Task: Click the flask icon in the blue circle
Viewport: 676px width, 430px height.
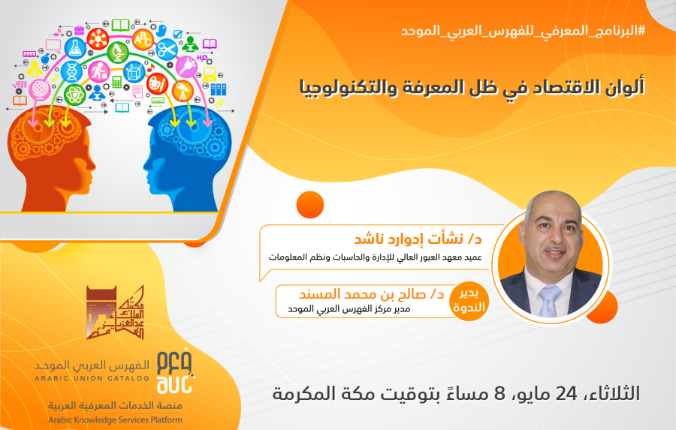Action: pyautogui.click(x=75, y=48)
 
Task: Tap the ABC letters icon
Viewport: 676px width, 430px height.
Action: pyautogui.click(x=142, y=40)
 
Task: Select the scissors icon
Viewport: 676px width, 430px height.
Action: pyautogui.click(x=167, y=50)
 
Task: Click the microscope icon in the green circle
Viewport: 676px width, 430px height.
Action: pyautogui.click(x=118, y=53)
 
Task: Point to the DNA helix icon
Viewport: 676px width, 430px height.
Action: pyautogui.click(x=71, y=71)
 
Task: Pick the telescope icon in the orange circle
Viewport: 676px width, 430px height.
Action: pyautogui.click(x=182, y=91)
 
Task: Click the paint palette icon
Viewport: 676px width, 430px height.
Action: pyautogui.click(x=157, y=83)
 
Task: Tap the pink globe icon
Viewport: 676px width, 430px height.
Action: pyautogui.click(x=40, y=90)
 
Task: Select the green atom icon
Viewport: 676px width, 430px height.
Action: pyautogui.click(x=74, y=95)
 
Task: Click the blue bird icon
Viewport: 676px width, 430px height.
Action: pyautogui.click(x=161, y=30)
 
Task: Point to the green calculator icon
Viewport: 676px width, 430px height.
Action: pyautogui.click(x=116, y=82)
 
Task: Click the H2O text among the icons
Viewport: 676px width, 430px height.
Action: pyautogui.click(x=202, y=58)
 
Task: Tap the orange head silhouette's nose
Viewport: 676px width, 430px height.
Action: pyautogui.click(x=92, y=165)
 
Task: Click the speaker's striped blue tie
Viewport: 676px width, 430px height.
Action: pyautogui.click(x=550, y=301)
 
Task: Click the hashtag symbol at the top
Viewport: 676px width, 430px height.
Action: pyautogui.click(x=641, y=31)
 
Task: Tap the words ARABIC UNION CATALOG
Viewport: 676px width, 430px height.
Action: pyautogui.click(x=92, y=378)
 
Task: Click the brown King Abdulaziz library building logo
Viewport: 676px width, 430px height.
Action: pyautogui.click(x=115, y=312)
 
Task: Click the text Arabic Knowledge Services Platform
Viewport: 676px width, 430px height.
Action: pyautogui.click(x=115, y=419)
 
